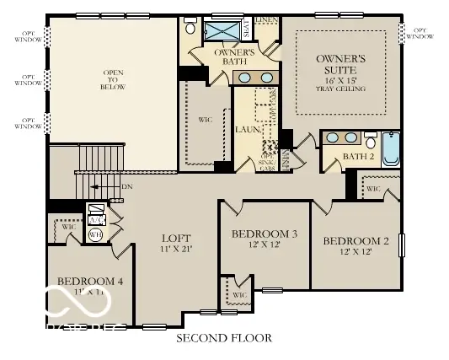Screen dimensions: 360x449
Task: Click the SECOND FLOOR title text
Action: tap(224, 339)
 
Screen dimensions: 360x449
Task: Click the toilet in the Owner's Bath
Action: tap(190, 29)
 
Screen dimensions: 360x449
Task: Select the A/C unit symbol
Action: tap(96, 213)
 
